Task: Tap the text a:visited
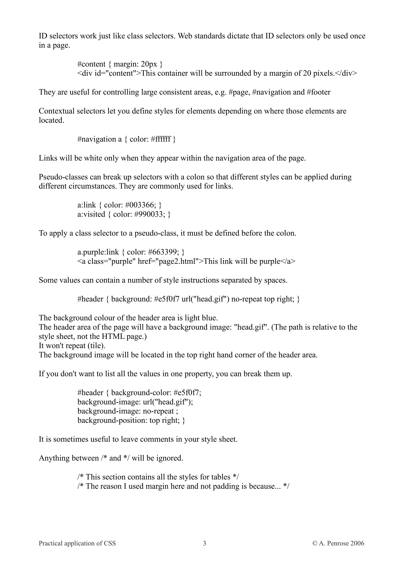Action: coord(91,214)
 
